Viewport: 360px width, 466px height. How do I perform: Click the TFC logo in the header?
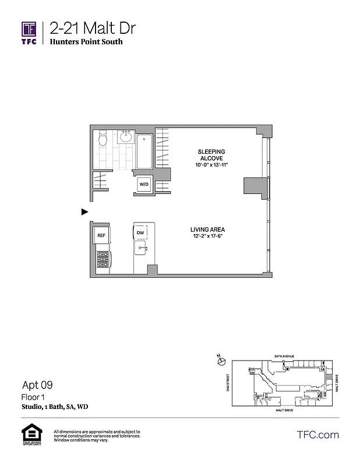point(29,33)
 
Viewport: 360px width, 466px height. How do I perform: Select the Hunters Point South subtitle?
point(86,42)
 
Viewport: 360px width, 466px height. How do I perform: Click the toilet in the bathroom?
point(103,139)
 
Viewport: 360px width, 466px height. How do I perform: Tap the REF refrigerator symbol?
point(101,235)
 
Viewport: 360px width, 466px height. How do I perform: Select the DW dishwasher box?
point(140,233)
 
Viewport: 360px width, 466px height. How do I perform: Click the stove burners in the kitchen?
point(103,259)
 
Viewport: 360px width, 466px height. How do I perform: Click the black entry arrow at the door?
point(84,212)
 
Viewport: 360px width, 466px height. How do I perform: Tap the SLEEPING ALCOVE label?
point(211,155)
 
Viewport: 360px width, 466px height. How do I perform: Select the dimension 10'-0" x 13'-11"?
point(211,165)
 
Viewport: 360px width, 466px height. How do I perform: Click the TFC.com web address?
point(318,435)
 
